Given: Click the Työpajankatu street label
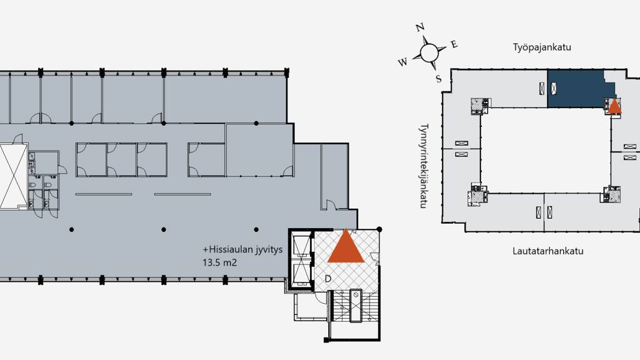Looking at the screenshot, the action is pyautogui.click(x=542, y=47).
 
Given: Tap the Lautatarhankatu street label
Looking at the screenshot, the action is pyautogui.click(x=547, y=251).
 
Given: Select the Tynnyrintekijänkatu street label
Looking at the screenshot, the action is pyautogui.click(x=424, y=166).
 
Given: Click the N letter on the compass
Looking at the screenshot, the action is pyautogui.click(x=420, y=27).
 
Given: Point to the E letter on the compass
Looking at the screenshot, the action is pyautogui.click(x=454, y=44).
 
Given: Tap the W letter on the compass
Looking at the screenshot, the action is pyautogui.click(x=402, y=62).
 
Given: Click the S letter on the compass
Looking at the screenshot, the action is pyautogui.click(x=438, y=79).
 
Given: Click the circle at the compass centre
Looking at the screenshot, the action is pyautogui.click(x=429, y=52).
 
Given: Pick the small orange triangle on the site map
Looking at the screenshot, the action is pyautogui.click(x=615, y=107).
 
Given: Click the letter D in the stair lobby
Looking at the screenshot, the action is pyautogui.click(x=327, y=279).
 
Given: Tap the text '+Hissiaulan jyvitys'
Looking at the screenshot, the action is pyautogui.click(x=242, y=249).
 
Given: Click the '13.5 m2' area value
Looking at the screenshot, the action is pyautogui.click(x=219, y=262).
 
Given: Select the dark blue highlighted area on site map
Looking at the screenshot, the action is pyautogui.click(x=576, y=89).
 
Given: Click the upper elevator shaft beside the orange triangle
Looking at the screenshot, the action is pyautogui.click(x=302, y=245).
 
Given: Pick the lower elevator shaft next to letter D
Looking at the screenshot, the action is pyautogui.click(x=302, y=275).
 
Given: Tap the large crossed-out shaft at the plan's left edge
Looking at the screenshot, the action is pyautogui.click(x=13, y=176).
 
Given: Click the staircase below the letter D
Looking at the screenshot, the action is pyautogui.click(x=355, y=306).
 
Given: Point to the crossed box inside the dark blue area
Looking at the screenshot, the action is pyautogui.click(x=554, y=88).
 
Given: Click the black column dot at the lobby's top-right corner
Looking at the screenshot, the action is pyautogui.click(x=379, y=229).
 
